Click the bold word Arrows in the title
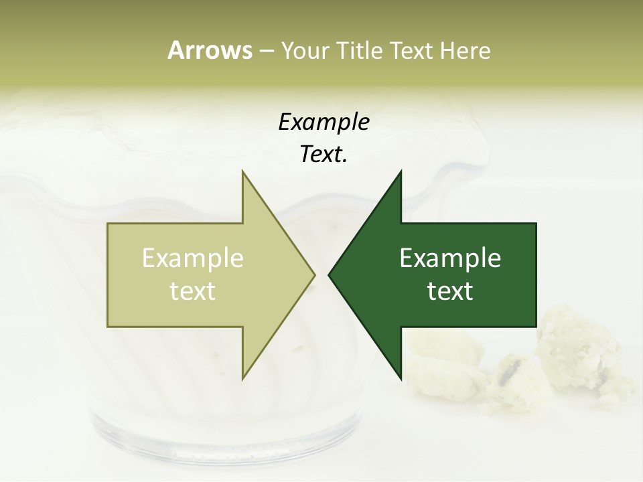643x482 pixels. coord(210,50)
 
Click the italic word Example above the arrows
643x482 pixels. coord(324,122)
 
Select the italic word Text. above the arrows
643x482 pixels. coord(324,155)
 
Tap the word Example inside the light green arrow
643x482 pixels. coord(193,258)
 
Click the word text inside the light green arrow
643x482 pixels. coord(193,291)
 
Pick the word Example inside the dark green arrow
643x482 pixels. coord(450,258)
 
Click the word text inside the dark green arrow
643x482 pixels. coord(450,291)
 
